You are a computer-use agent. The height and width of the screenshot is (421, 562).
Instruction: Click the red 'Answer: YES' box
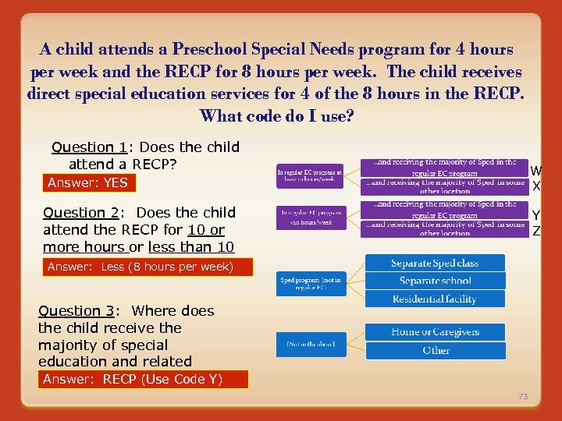coord(87,183)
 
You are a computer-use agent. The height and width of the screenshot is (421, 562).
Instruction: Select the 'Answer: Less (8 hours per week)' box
coord(148,267)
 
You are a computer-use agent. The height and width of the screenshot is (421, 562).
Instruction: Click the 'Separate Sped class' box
coord(435,264)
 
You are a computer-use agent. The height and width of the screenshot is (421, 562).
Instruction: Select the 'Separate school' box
coord(435,281)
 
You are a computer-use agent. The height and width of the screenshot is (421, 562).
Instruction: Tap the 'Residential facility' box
coord(435,299)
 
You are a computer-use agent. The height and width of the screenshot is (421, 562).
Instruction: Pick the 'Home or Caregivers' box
coord(435,332)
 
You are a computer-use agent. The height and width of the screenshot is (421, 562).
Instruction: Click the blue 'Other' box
coord(435,350)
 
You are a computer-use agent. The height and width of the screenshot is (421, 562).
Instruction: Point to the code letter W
coord(536,171)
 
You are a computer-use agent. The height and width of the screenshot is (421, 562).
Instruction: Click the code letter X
coord(536,186)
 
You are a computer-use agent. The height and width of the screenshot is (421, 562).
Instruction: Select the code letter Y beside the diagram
coord(536,215)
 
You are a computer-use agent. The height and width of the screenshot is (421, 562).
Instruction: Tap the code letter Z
coord(536,230)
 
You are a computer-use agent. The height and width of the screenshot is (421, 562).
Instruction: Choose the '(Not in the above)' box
coord(311,345)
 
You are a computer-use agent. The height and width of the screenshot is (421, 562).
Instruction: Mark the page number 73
coord(523,397)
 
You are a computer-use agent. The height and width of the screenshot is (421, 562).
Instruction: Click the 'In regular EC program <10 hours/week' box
coord(311,217)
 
